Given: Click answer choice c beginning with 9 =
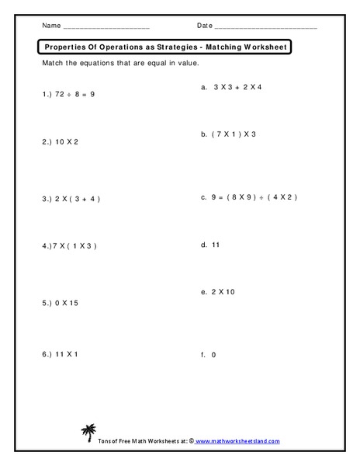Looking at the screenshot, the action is tap(249, 197).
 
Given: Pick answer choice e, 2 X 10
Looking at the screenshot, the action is tap(221, 292).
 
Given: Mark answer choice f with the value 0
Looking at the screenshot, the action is tap(207, 354).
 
